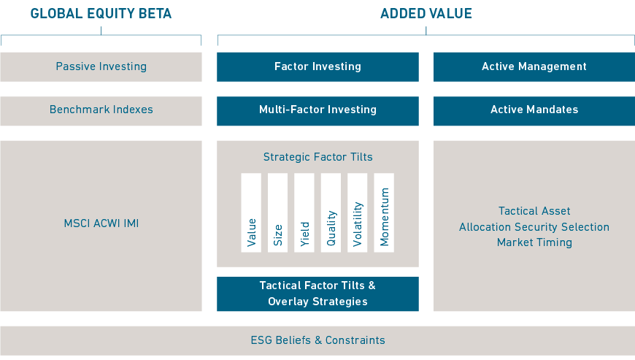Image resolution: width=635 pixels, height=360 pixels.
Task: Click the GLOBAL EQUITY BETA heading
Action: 101,13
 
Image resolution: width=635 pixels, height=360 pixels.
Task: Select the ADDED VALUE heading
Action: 426,13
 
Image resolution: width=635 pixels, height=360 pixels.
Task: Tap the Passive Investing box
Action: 101,67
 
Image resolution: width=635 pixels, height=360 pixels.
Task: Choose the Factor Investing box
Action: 317,67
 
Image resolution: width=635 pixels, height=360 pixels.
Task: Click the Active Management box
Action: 534,67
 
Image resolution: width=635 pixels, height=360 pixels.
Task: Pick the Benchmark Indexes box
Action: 101,111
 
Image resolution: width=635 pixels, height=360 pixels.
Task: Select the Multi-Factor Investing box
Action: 317,111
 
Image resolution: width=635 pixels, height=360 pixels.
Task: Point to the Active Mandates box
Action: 534,111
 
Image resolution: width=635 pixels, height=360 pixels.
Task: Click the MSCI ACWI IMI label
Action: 101,223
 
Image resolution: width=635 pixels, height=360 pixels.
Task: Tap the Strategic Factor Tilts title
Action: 318,157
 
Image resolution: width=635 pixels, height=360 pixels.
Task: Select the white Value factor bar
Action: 251,213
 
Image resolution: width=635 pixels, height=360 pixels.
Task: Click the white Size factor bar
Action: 278,213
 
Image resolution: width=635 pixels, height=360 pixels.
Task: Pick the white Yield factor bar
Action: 304,213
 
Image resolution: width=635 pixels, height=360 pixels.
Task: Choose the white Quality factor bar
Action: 331,213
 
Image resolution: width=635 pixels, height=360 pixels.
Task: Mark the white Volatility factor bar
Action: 357,213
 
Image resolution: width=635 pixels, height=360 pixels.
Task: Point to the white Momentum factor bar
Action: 384,213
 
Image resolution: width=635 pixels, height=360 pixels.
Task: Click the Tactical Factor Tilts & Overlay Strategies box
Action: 317,294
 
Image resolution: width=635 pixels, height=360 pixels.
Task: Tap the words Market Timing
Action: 534,242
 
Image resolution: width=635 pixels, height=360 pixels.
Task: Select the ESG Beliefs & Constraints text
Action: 318,340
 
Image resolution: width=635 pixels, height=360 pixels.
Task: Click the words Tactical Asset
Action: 534,211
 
